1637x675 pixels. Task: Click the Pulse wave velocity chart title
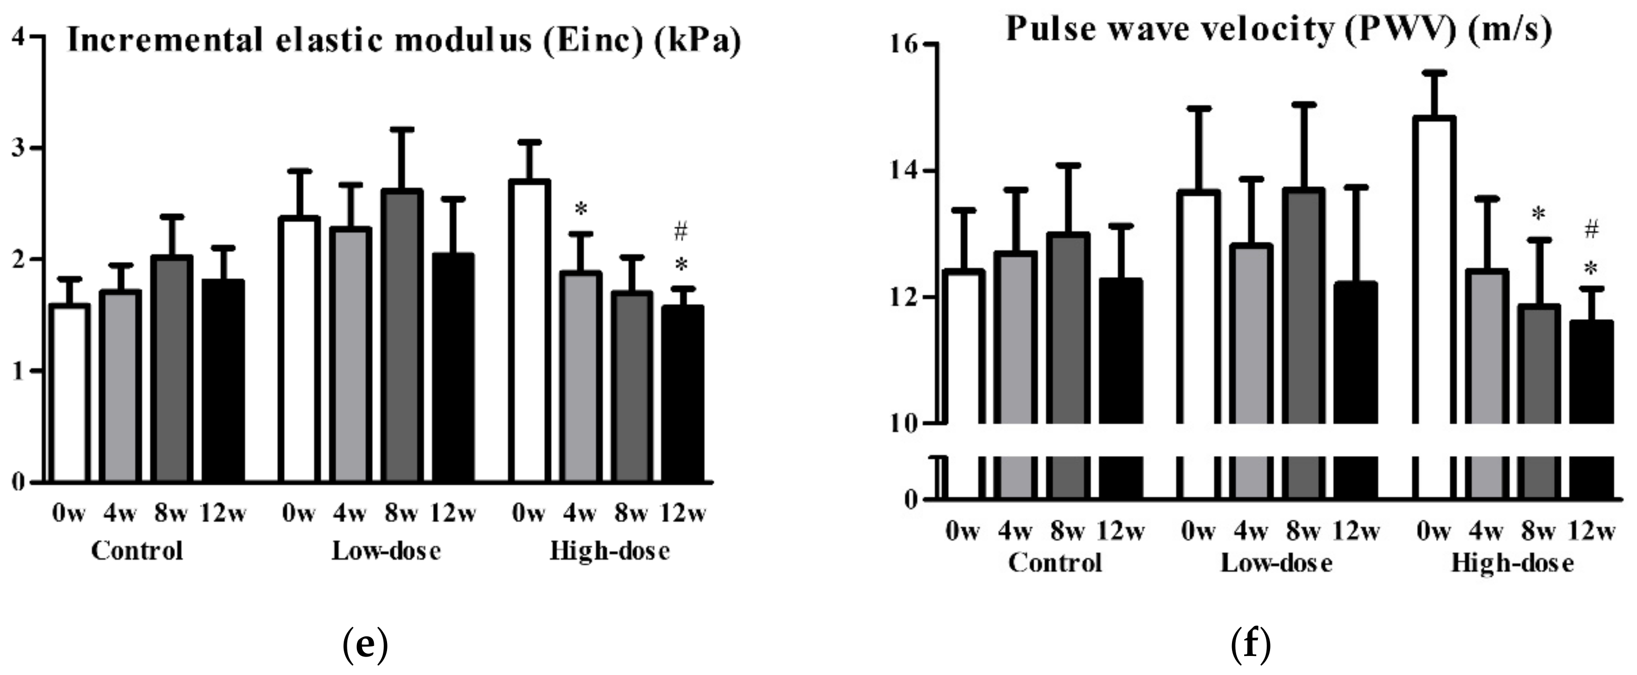(x=1279, y=29)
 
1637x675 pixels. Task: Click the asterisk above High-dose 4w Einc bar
(x=580, y=209)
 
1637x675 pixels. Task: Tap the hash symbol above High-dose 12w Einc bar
(x=680, y=232)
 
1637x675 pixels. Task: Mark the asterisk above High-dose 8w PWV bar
(x=1538, y=215)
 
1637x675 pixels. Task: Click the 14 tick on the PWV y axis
(x=893, y=171)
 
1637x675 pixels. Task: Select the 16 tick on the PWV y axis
(x=893, y=44)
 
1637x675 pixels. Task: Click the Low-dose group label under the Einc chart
(x=387, y=551)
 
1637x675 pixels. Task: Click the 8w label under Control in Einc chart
(x=170, y=514)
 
